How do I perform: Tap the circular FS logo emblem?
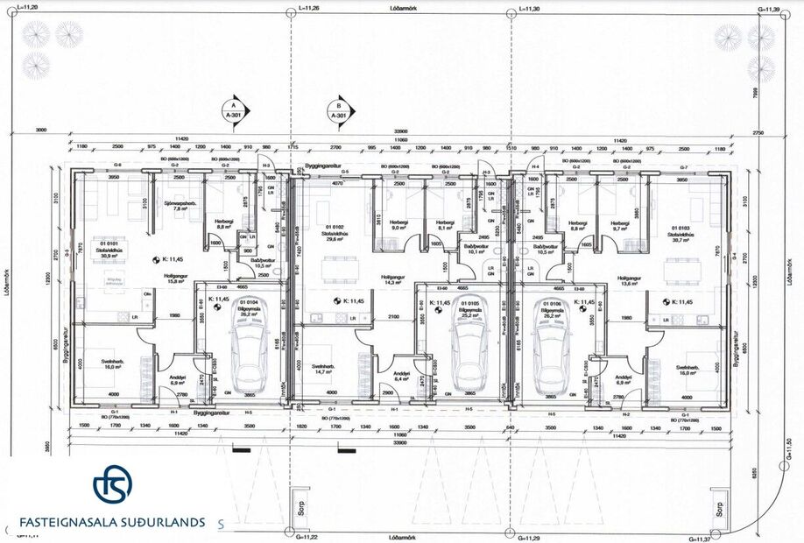(113, 484)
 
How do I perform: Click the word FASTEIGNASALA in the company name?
(71, 521)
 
